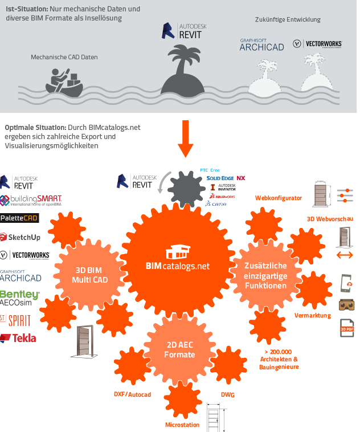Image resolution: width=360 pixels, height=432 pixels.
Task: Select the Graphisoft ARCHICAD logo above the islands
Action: pos(261,44)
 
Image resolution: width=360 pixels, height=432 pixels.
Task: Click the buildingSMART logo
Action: pos(31,200)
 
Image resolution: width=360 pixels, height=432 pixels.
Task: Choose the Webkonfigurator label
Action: pos(278,198)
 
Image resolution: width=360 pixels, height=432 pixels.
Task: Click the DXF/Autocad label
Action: pos(132,394)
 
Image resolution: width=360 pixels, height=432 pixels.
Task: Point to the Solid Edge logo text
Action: pos(220,178)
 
